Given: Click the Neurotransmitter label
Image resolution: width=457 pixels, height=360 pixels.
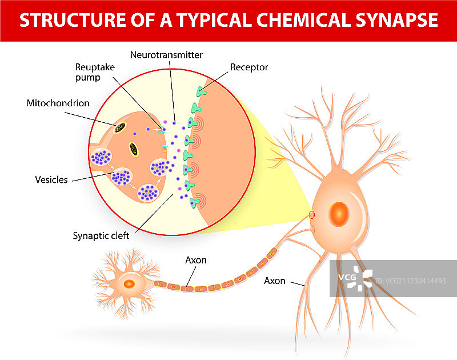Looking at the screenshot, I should [166, 55].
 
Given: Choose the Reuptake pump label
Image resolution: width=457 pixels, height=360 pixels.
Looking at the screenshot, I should [95, 72].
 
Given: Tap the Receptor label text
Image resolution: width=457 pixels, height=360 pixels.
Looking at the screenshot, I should [249, 67].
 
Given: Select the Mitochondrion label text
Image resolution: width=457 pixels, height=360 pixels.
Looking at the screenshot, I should [58, 103].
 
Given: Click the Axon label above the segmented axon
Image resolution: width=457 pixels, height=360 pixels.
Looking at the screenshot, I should [196, 260].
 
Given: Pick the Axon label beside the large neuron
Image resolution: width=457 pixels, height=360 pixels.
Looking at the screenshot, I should [275, 281].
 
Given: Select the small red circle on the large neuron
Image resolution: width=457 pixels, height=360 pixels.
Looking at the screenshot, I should [312, 215].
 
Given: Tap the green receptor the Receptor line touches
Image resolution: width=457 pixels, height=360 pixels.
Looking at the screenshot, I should [200, 91].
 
